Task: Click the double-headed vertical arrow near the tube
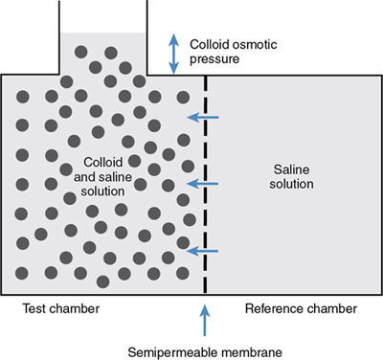(x=173, y=52)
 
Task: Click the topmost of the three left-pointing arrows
(x=202, y=118)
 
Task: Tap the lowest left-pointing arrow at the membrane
(x=202, y=251)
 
